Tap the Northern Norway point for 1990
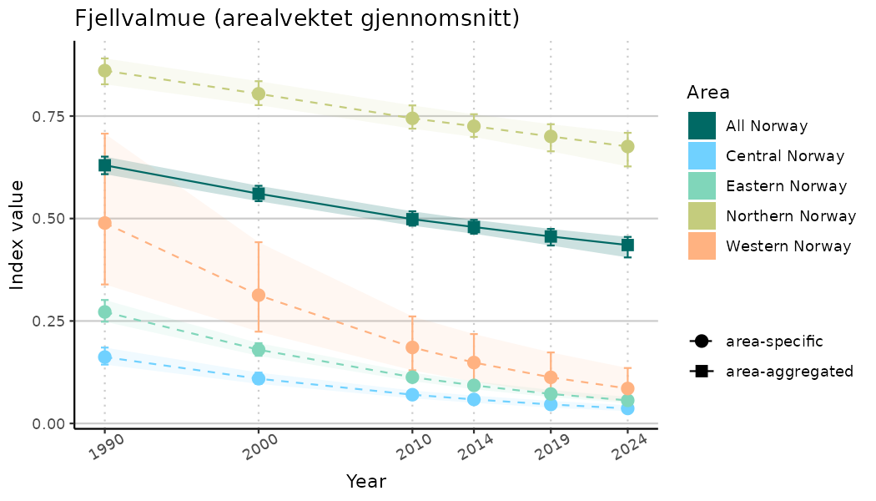pyautogui.click(x=104, y=71)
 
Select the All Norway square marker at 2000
pyautogui.click(x=259, y=194)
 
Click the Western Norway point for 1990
pyautogui.click(x=104, y=223)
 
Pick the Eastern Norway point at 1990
pyautogui.click(x=104, y=311)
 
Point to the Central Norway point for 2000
pyautogui.click(x=259, y=378)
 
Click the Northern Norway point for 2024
pyautogui.click(x=627, y=146)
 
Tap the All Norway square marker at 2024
pyautogui.click(x=627, y=245)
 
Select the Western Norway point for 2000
pyautogui.click(x=259, y=295)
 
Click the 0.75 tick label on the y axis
pyautogui.click(x=49, y=116)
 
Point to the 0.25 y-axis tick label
pyautogui.click(x=49, y=321)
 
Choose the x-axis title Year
pyautogui.click(x=366, y=482)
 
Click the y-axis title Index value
pyautogui.click(x=18, y=235)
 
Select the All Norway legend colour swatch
pyautogui.click(x=702, y=126)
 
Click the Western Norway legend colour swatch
pyautogui.click(x=702, y=246)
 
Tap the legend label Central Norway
pyautogui.click(x=785, y=156)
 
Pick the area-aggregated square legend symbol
pyautogui.click(x=700, y=371)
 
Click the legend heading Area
pyautogui.click(x=708, y=92)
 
